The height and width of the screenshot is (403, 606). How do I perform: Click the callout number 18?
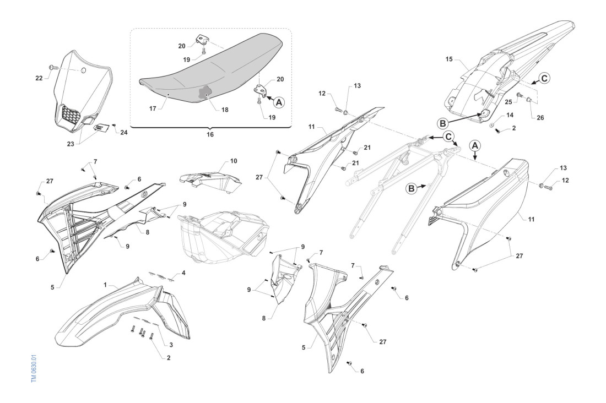tap(225, 110)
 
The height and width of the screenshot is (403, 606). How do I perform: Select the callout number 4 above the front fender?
tap(183, 274)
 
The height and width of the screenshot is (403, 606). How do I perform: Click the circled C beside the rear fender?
tap(543, 78)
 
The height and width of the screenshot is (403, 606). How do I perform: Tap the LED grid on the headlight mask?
tap(72, 114)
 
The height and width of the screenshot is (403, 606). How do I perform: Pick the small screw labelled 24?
tap(114, 125)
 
